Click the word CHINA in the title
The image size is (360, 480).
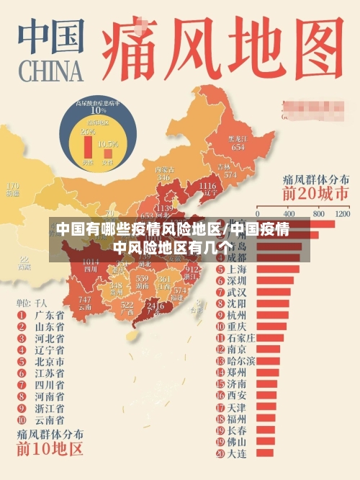(x=51, y=71)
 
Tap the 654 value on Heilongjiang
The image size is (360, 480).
(x=237, y=146)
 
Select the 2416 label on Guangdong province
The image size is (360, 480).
(x=154, y=306)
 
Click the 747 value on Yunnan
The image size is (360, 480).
(x=85, y=300)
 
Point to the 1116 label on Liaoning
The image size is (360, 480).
(x=206, y=187)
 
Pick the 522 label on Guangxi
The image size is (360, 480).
(x=127, y=306)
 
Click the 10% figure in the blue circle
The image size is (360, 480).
(x=98, y=110)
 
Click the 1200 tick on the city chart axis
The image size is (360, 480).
(x=341, y=214)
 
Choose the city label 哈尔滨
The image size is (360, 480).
(x=241, y=360)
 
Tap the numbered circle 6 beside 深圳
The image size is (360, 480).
(x=220, y=280)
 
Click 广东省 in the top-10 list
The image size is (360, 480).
(x=49, y=315)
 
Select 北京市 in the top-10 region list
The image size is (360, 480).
(x=49, y=362)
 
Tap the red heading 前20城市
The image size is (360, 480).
(x=316, y=194)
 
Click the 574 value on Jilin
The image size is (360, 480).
(x=230, y=174)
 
